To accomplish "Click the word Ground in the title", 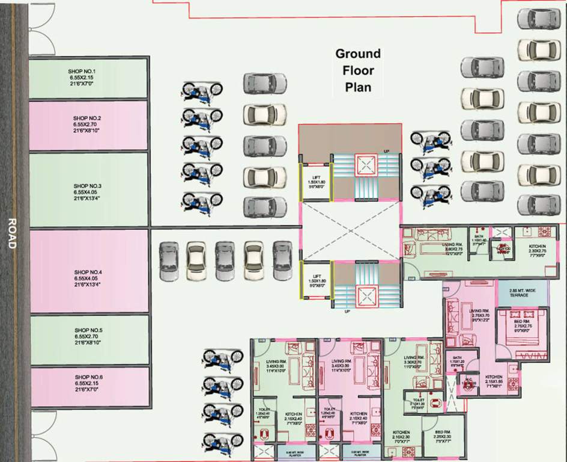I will [x=358, y=54].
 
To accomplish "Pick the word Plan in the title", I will [x=358, y=87].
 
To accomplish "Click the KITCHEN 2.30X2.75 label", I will [x=537, y=250].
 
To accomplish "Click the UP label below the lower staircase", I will [x=347, y=312].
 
